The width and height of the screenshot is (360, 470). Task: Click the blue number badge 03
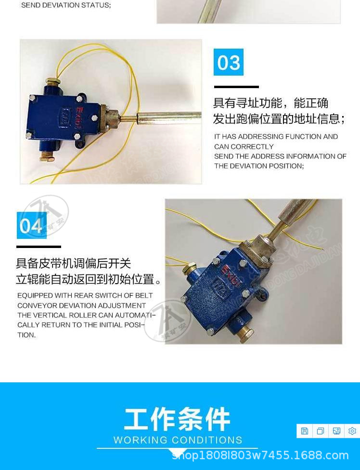(x=229, y=63)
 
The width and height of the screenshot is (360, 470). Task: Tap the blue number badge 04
(x=32, y=225)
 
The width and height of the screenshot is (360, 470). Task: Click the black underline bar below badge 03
(x=236, y=87)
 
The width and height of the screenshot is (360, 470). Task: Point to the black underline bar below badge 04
(x=39, y=247)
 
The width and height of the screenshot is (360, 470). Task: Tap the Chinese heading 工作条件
(x=177, y=419)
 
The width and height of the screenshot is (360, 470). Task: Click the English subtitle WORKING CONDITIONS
(x=178, y=440)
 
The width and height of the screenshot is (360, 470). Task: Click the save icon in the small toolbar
(x=305, y=431)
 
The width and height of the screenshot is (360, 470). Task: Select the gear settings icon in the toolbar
(x=352, y=431)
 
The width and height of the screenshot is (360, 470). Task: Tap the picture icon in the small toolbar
(x=336, y=431)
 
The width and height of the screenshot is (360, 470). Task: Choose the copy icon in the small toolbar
(x=321, y=431)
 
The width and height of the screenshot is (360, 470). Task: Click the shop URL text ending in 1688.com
(x=260, y=455)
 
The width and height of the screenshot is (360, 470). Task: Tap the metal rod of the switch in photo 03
(x=168, y=117)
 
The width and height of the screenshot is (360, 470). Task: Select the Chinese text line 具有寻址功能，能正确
(x=270, y=103)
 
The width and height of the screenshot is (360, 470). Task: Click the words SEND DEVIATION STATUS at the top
(x=66, y=5)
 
